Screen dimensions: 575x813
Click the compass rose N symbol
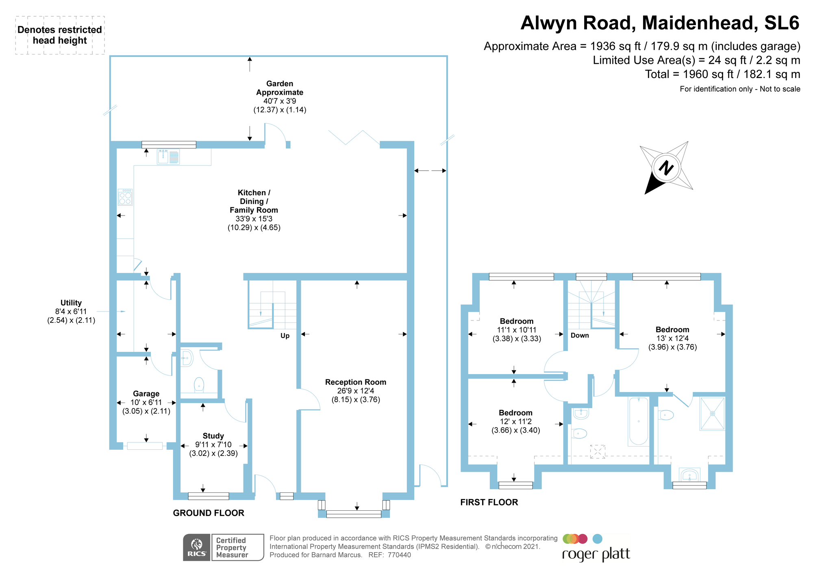pos(666,168)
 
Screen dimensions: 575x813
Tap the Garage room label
pos(146,394)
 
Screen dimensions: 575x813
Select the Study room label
pos(213,436)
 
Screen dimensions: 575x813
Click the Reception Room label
pos(355,382)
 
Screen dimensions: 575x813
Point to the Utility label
pos(71,303)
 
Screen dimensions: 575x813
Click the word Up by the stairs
pos(285,336)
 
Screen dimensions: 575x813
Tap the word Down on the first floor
pos(580,335)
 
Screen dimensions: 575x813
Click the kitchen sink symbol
pos(168,157)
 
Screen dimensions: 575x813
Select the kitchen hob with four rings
pos(125,197)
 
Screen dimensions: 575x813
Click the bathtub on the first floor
pos(638,421)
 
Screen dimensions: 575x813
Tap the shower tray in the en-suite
pos(712,414)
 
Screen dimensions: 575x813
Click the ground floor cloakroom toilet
pos(199,384)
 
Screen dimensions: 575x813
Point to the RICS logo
pos(197,547)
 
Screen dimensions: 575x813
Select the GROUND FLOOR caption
pos(209,513)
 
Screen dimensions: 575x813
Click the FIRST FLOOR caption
pos(489,503)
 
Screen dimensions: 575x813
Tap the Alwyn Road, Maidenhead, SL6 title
pos(660,23)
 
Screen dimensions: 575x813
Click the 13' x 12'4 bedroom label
pos(672,338)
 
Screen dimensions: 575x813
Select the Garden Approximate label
pos(280,88)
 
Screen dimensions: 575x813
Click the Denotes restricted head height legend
pos(60,35)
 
